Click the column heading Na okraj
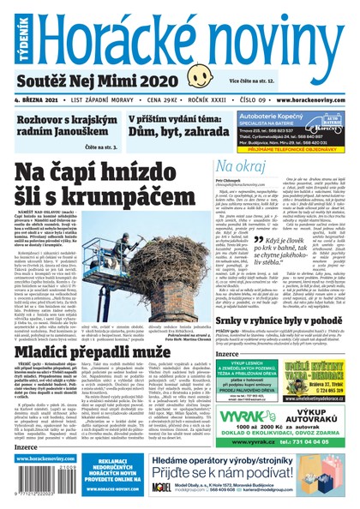240,165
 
